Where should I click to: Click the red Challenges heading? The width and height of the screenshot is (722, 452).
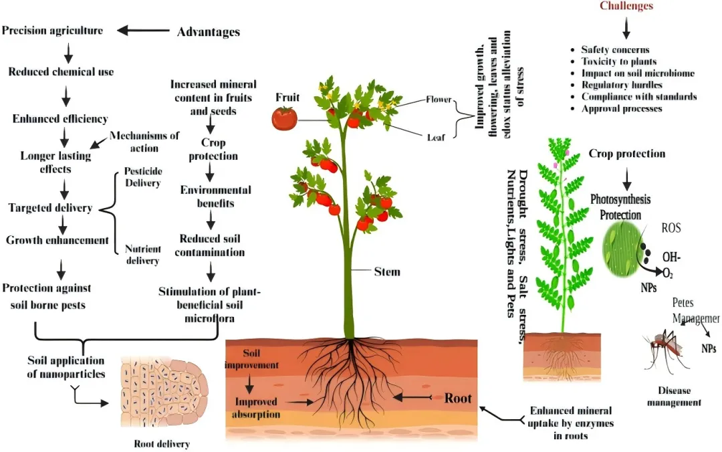tap(626, 7)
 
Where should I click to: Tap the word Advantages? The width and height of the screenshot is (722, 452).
tap(208, 32)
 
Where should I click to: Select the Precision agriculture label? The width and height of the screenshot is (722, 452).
tap(53, 30)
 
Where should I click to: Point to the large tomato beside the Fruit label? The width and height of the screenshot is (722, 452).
tap(284, 118)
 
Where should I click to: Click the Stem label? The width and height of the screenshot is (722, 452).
tap(387, 271)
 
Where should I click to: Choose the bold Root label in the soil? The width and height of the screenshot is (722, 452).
tap(458, 399)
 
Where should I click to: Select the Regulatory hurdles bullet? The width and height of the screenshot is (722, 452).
tap(622, 85)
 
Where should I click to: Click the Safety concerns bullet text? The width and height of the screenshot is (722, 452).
tap(615, 49)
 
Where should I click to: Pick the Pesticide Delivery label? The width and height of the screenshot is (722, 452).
tap(142, 176)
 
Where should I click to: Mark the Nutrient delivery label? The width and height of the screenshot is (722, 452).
tap(143, 255)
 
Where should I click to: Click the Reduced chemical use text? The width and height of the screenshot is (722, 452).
tap(61, 72)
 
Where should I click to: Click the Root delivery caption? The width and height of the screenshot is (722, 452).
tap(162, 443)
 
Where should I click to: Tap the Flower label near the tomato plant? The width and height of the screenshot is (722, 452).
tap(439, 100)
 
